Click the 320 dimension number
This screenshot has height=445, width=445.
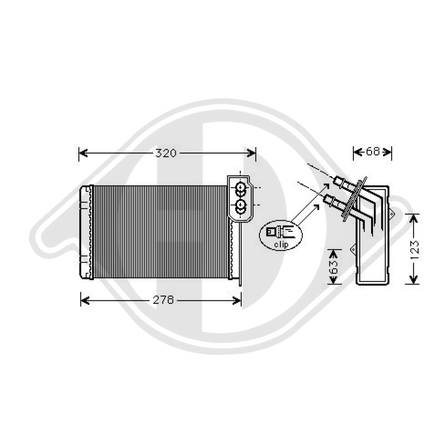pyautogui.click(x=166, y=153)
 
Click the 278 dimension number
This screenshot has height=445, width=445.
pyautogui.click(x=163, y=300)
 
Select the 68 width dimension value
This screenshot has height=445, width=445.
pyautogui.click(x=373, y=152)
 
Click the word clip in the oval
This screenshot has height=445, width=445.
pyautogui.click(x=281, y=244)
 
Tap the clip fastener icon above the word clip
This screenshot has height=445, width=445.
pyautogui.click(x=281, y=232)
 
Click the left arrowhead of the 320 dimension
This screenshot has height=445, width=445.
pyautogui.click(x=83, y=153)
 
